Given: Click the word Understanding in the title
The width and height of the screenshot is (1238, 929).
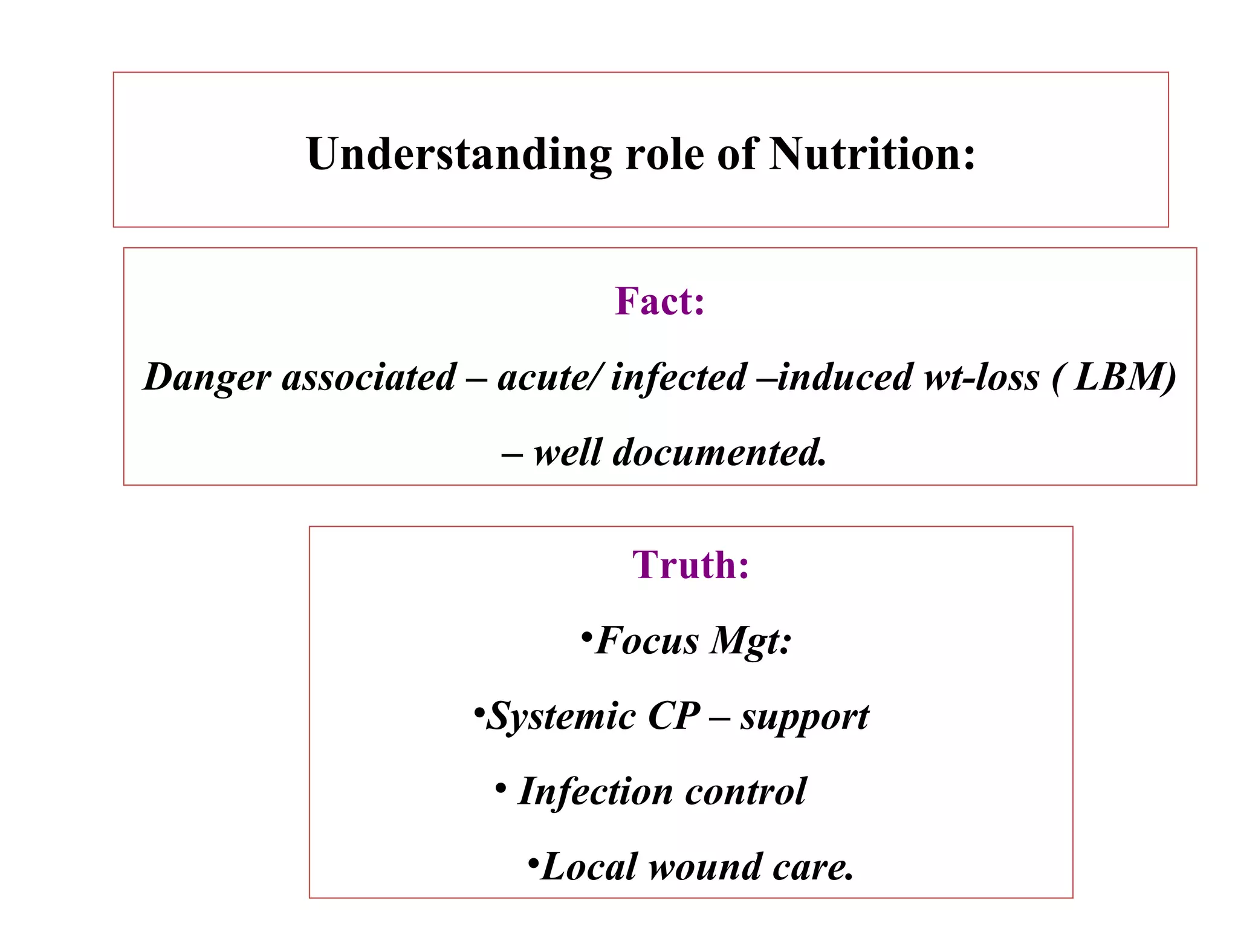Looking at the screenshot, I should tap(459, 154).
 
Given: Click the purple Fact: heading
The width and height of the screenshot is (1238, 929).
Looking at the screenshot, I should tap(660, 301).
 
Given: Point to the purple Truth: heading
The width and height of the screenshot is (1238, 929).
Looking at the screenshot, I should tap(690, 565).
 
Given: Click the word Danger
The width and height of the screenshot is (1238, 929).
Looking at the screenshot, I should tap(207, 377).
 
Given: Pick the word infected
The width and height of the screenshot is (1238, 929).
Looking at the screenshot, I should tap(678, 377).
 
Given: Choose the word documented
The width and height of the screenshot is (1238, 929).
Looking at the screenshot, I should tap(719, 452).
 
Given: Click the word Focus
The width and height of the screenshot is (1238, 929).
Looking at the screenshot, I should tap(647, 641).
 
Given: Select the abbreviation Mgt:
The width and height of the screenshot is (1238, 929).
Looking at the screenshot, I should tap(750, 642).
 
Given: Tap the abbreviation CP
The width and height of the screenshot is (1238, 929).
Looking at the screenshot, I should tap(673, 717).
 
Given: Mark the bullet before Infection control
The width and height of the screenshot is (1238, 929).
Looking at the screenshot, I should tap(500, 788).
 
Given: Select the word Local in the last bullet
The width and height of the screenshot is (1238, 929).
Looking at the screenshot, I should tap(589, 867).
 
